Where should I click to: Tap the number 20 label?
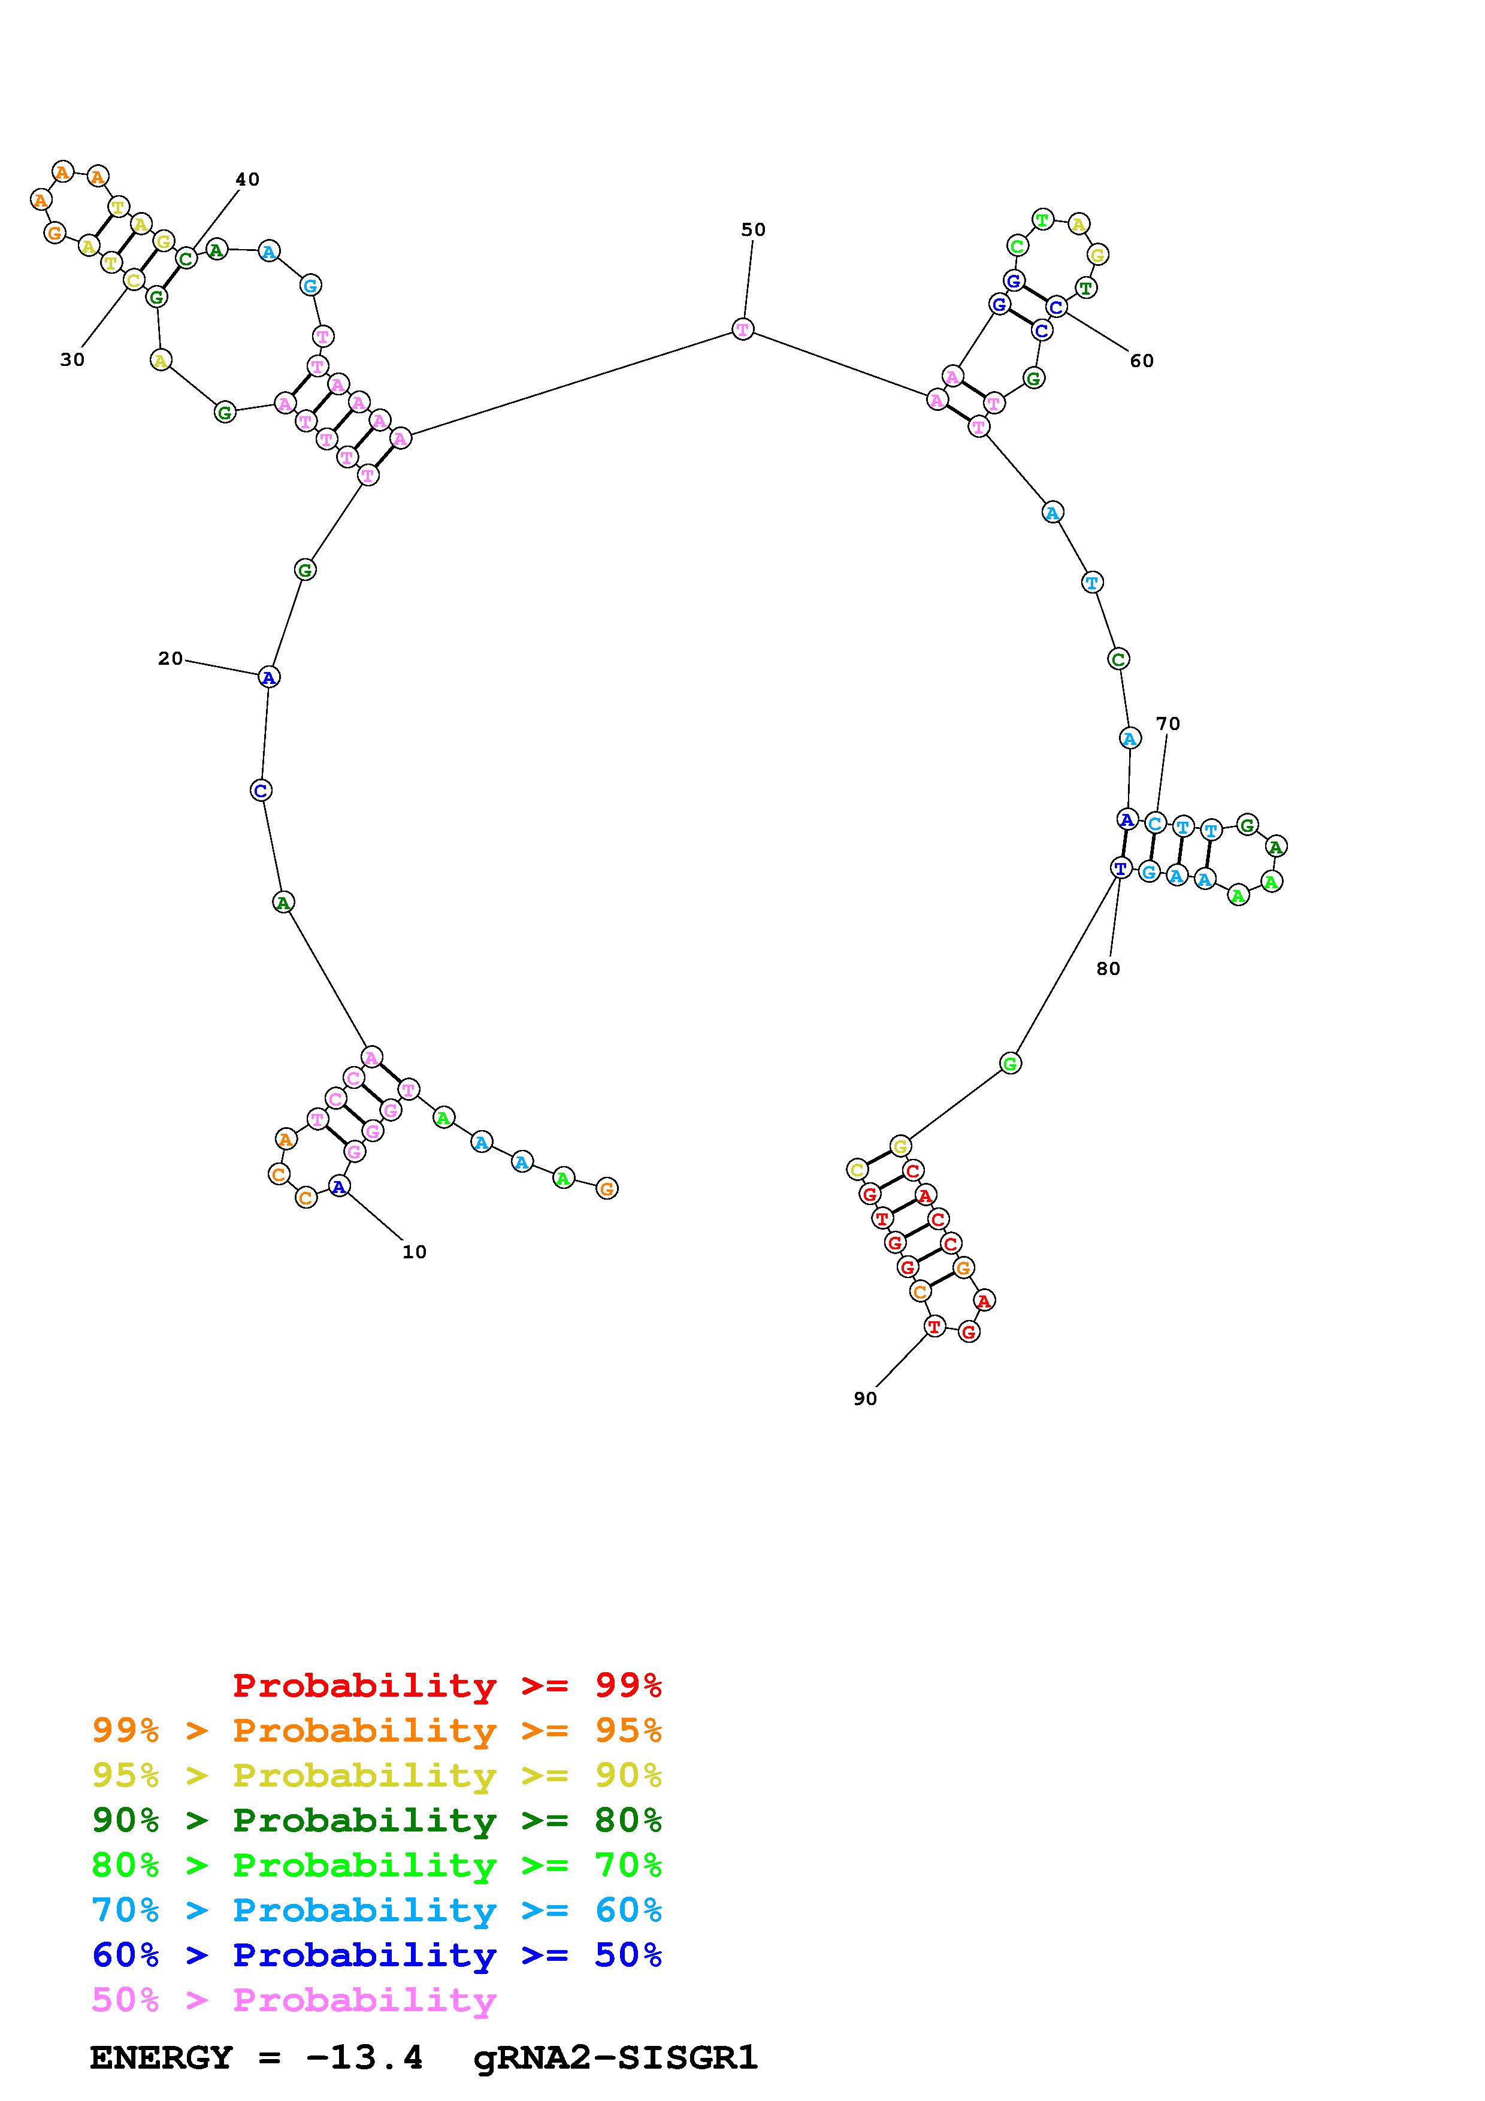(x=170, y=659)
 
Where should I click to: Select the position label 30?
(x=72, y=359)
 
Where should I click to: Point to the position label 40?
(x=247, y=179)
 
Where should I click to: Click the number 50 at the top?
(x=753, y=229)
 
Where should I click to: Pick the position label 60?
(x=1141, y=361)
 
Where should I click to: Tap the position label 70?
(x=1168, y=724)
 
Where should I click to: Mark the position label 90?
(x=864, y=1398)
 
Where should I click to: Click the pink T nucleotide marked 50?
(x=743, y=329)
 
